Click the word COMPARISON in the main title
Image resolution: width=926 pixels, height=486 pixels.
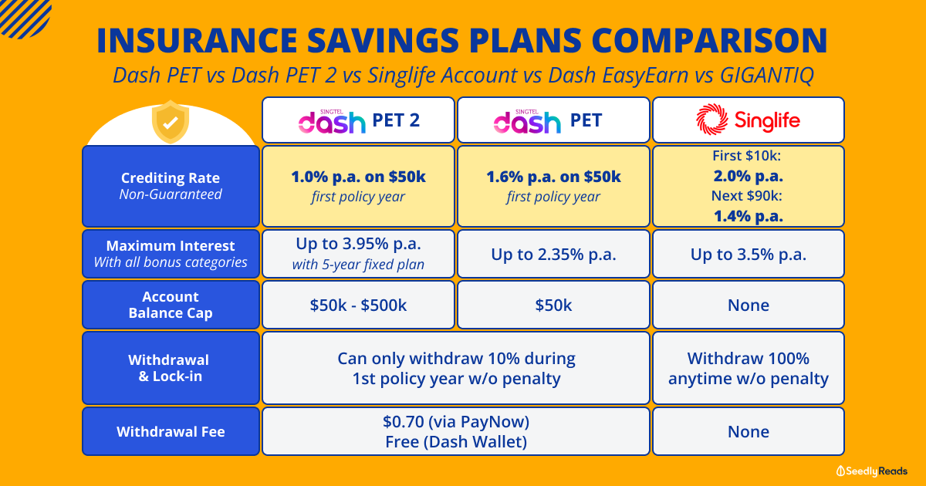click(x=709, y=40)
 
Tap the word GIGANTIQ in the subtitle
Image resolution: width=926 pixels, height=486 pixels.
click(x=767, y=76)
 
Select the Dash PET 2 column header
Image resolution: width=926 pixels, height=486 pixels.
click(x=358, y=120)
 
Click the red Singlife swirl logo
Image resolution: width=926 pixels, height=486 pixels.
click(x=711, y=120)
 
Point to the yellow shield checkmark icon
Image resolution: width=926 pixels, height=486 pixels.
click(x=171, y=122)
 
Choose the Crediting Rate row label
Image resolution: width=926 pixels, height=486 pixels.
click(x=171, y=186)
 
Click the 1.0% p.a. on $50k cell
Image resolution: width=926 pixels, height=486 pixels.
click(x=358, y=186)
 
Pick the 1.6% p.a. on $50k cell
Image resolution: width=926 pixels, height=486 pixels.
click(x=553, y=186)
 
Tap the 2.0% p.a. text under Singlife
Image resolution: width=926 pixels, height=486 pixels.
click(x=749, y=176)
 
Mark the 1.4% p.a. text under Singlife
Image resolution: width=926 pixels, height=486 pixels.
click(x=749, y=216)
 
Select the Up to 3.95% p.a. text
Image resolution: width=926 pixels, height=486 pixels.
click(x=358, y=244)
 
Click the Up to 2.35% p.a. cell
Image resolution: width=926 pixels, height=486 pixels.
click(x=553, y=254)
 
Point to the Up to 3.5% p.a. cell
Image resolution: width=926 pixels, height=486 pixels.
click(x=749, y=254)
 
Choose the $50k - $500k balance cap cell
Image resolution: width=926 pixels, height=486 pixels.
click(x=358, y=305)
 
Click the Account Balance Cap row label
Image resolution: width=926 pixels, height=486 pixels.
click(x=171, y=305)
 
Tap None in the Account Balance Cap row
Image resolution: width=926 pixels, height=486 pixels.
click(x=749, y=305)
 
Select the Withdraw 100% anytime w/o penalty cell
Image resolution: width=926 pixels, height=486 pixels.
click(x=749, y=368)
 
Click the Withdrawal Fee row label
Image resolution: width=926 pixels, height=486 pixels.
click(x=171, y=431)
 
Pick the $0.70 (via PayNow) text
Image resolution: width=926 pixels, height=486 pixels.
click(x=456, y=421)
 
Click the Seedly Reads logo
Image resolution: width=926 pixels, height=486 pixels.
click(x=871, y=471)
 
